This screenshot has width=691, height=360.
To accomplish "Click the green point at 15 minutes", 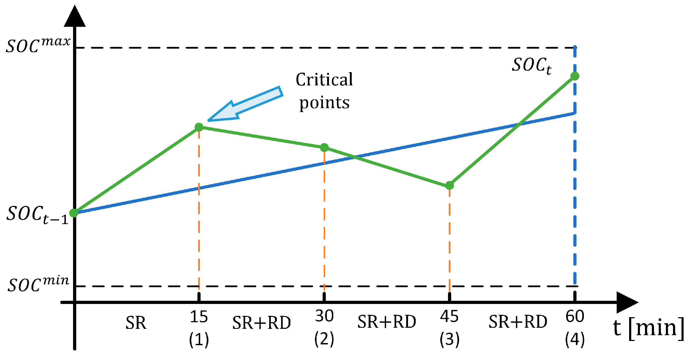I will (199, 127).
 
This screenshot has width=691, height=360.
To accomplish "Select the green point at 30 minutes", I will (324, 147).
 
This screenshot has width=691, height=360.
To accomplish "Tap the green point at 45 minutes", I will (450, 185).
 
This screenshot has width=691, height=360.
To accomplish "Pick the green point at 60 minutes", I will (575, 76).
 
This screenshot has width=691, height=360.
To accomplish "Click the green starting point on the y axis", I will (74, 213).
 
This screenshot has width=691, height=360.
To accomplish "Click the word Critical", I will (324, 80).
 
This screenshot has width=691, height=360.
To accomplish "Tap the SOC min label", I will (38, 284).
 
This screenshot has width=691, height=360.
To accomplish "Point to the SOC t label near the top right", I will (532, 66).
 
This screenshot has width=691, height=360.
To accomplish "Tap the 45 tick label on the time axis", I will (449, 316).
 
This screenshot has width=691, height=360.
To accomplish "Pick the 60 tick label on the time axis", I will (575, 316).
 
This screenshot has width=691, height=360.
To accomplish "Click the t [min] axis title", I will (648, 327).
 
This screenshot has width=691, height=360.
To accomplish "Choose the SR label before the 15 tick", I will (136, 323).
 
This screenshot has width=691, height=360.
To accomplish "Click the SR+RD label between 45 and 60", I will (518, 322).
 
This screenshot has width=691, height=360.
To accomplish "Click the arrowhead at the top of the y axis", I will (75, 17).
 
